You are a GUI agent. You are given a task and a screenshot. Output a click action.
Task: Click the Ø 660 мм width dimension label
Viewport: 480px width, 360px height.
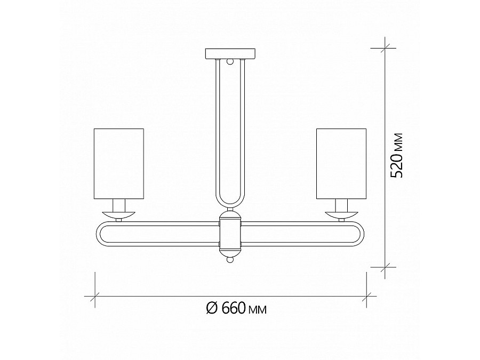click(235, 308)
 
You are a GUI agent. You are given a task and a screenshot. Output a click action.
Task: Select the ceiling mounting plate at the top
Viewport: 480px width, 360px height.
click(230, 53)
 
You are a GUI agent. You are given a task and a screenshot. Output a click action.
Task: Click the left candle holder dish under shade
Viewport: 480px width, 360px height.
click(119, 214)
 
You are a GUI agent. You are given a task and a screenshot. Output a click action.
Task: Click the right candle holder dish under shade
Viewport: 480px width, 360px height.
click(341, 214)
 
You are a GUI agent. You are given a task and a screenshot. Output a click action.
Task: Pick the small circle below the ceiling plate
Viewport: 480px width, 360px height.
click(230, 61)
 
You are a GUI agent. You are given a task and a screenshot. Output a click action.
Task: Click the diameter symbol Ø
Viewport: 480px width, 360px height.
click(210, 308)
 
